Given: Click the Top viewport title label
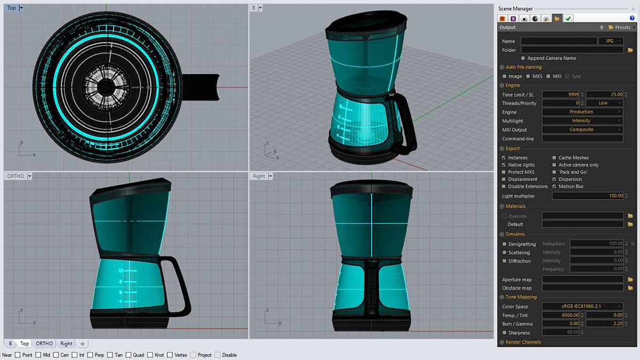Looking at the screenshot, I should coord(12,8).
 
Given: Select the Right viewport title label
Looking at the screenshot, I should coord(259,176).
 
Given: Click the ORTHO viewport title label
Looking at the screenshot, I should coord(15,176).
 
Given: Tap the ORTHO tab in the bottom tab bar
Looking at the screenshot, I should coord(44,344).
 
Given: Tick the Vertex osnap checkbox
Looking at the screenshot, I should coord(170,355).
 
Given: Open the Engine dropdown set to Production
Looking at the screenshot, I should coord(582,112).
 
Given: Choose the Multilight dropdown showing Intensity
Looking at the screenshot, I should coord(582,121).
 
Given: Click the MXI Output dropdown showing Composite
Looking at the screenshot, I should coord(582,130).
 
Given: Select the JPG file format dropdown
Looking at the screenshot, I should coord(610,41).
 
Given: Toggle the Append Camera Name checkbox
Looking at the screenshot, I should coord(523,58).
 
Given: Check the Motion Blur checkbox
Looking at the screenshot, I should coord(555,187).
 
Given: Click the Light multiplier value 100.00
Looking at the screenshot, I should coord(587,196).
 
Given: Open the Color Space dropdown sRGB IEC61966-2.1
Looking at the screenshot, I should coord(582,307).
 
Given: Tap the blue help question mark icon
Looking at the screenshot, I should coord(631,18).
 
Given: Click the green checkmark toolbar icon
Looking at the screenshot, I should coord(569,18).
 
